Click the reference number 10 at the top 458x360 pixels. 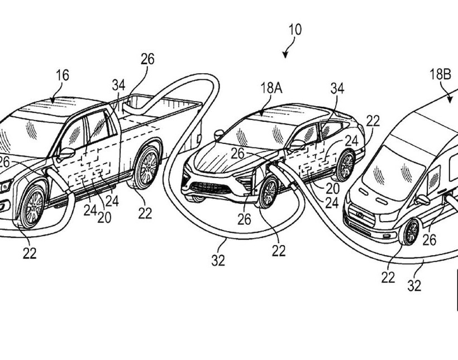295,30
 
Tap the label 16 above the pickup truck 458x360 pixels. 63,75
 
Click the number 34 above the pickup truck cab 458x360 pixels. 118,85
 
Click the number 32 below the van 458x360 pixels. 414,286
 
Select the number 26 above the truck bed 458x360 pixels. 147,59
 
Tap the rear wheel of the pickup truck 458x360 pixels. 147,167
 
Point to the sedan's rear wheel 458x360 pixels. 345,165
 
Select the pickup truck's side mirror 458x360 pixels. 66,153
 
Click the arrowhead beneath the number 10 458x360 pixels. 285,54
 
